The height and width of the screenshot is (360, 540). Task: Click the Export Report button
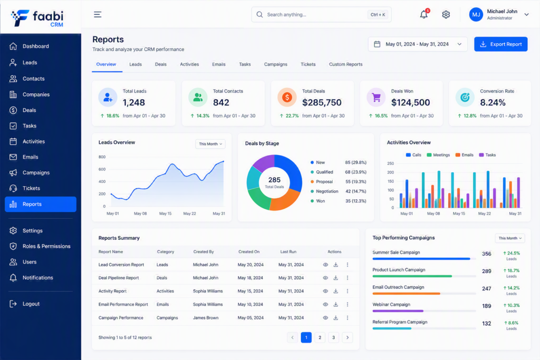pyautogui.click(x=501, y=44)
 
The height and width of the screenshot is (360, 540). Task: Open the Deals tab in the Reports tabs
pyautogui.click(x=160, y=64)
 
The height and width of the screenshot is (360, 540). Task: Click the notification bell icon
pyautogui.click(x=424, y=14)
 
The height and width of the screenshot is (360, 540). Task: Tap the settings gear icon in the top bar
pyautogui.click(x=446, y=14)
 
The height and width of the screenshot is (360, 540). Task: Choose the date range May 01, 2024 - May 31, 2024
pyautogui.click(x=418, y=44)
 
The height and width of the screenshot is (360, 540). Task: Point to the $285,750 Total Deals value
pyautogui.click(x=322, y=103)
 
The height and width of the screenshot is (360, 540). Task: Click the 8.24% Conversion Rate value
pyautogui.click(x=493, y=103)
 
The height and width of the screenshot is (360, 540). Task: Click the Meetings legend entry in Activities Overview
pyautogui.click(x=438, y=155)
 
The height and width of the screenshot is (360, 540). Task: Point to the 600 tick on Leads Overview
pyautogui.click(x=102, y=169)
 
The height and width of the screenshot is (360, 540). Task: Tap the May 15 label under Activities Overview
pyautogui.click(x=459, y=213)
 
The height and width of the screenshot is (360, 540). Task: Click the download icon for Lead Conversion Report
pyautogui.click(x=336, y=265)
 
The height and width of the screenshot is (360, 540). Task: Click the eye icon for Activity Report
pyautogui.click(x=325, y=291)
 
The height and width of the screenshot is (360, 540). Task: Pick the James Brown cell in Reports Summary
pyautogui.click(x=206, y=318)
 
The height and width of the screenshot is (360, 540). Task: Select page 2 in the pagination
pyautogui.click(x=320, y=337)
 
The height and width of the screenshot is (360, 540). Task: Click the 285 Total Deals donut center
pyautogui.click(x=274, y=182)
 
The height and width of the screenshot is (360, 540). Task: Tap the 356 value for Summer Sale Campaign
pyautogui.click(x=487, y=254)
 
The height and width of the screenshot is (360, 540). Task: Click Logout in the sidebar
pyautogui.click(x=31, y=304)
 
